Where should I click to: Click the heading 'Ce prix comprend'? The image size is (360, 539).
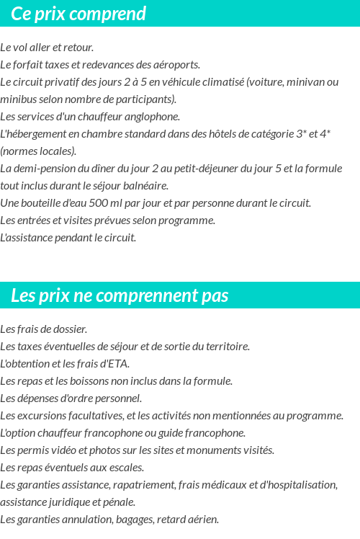point(78,14)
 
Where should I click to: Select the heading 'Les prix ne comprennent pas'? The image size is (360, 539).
point(120,295)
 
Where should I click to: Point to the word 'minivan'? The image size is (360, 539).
point(304,82)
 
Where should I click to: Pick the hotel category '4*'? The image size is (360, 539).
point(325,134)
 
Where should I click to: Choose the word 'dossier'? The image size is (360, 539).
point(71,329)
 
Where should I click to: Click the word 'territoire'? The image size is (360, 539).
point(225,347)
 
